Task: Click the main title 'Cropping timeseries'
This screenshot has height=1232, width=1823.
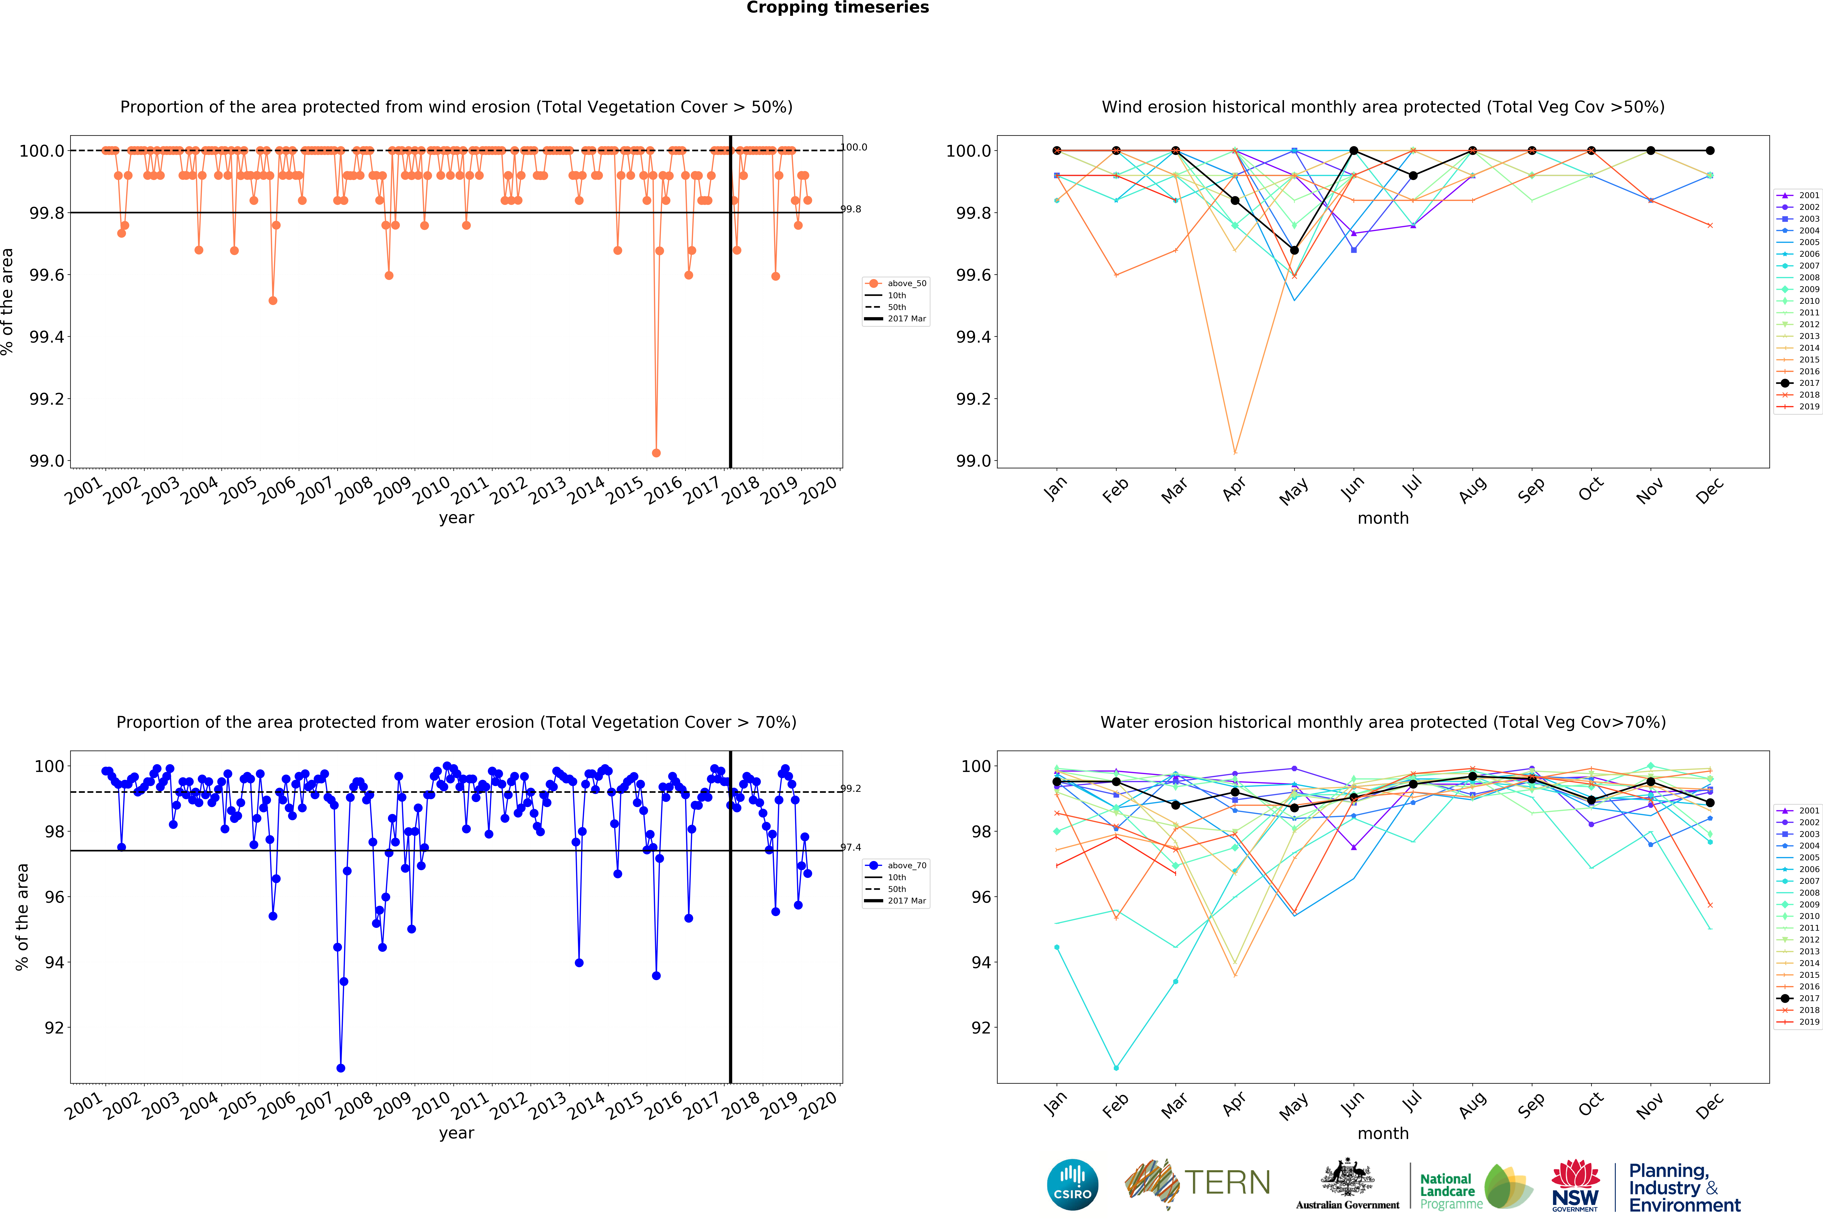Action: point(837,8)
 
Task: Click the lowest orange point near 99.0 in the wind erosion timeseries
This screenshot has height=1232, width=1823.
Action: point(656,453)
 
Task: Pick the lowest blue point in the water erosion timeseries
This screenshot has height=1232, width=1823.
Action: point(340,1068)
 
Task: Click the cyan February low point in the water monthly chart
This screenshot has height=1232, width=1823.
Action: point(1116,1068)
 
